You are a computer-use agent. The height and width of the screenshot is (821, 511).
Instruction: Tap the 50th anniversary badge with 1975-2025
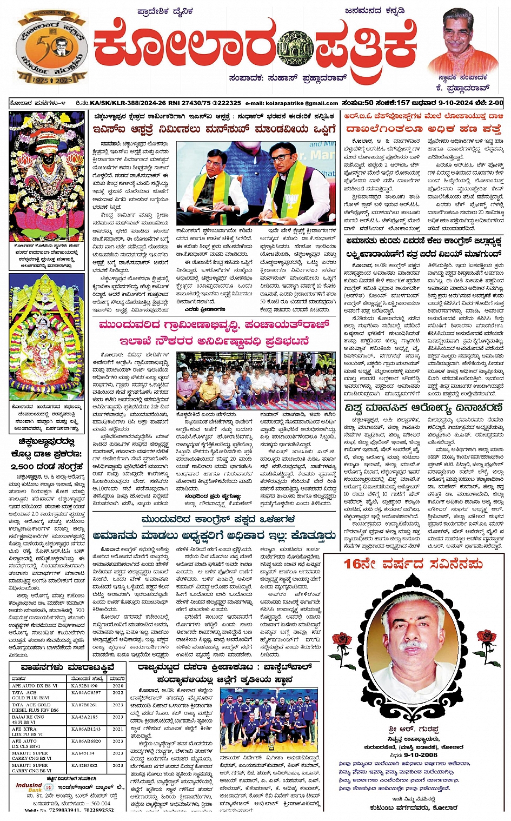[52, 50]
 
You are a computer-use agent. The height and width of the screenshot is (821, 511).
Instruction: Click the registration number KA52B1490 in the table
[84, 686]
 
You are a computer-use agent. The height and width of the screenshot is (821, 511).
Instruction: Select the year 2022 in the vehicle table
[118, 693]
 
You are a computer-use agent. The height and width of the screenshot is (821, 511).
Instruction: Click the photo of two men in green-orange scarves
[256, 183]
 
